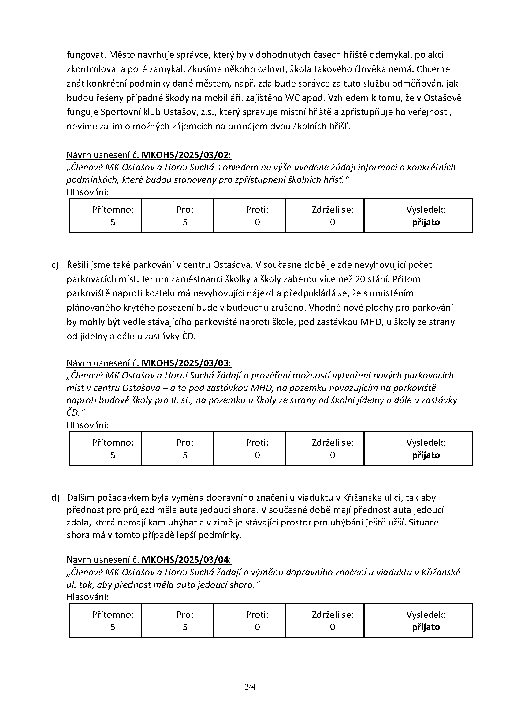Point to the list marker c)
pos(55,265)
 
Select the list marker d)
pos(55,498)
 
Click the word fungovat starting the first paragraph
pos(82,55)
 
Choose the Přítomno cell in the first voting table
pos(105,216)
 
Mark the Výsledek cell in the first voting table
pos(418,216)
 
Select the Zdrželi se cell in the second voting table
pos(325,449)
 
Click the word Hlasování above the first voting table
pos(87,192)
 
